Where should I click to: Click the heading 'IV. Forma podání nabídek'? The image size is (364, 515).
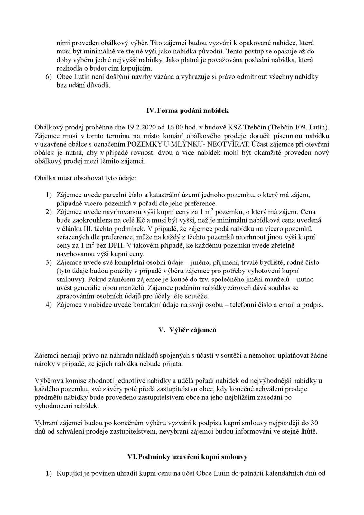click(187, 110)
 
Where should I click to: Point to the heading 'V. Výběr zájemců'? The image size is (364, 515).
click(188, 330)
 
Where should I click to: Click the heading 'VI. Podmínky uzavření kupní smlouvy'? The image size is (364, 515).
click(187, 457)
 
